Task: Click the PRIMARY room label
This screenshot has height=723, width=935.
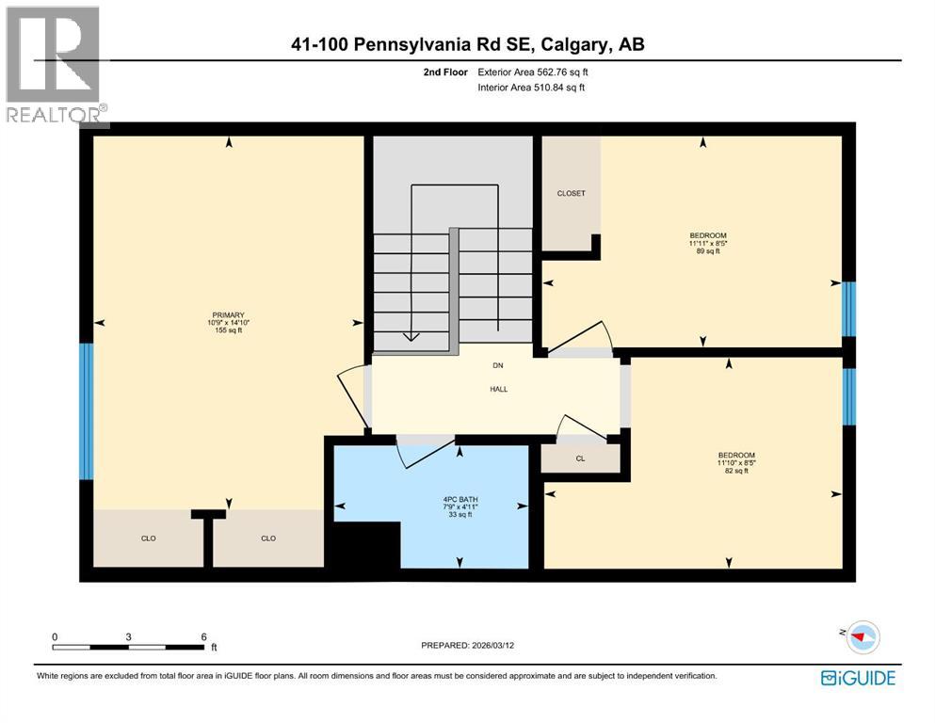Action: click(228, 315)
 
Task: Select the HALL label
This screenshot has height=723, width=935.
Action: click(498, 389)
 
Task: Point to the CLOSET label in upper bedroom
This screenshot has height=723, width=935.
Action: click(571, 193)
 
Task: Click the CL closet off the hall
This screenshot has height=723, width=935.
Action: click(581, 459)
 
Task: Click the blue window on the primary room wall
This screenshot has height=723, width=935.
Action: click(87, 410)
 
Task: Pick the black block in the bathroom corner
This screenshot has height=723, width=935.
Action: click(367, 546)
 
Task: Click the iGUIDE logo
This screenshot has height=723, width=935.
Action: click(858, 678)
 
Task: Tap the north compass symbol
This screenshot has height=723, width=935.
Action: click(862, 637)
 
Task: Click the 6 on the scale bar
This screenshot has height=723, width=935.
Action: click(203, 636)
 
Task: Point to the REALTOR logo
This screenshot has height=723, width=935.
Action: click(56, 66)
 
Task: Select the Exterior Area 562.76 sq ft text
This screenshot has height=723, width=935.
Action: click(533, 72)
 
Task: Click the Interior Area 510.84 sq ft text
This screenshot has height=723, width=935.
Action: click(531, 88)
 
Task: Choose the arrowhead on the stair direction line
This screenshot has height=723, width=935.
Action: click(411, 335)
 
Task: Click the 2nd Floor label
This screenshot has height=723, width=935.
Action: click(447, 72)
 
